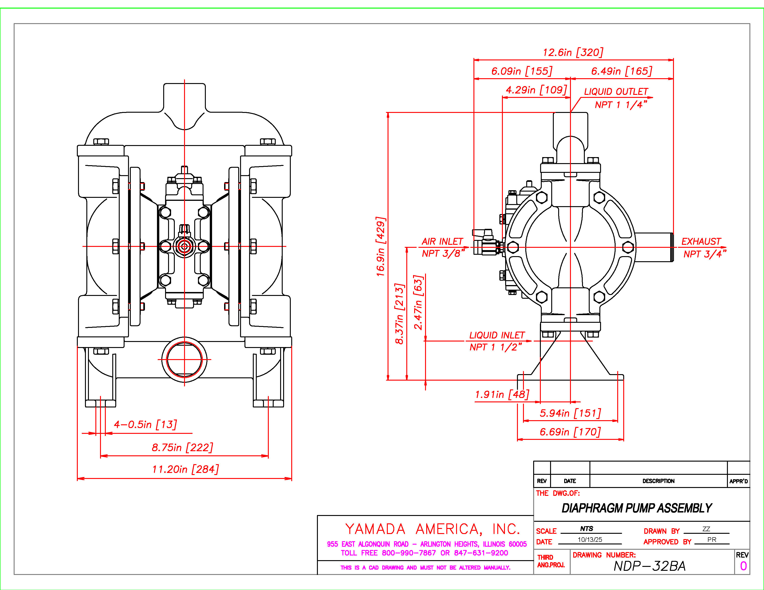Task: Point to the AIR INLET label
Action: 442,242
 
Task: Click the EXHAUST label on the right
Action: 701,242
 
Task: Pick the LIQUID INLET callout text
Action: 497,335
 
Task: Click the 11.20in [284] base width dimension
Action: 185,469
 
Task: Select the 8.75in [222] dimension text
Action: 182,447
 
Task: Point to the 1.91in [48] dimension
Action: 502,395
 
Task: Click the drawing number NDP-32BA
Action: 650,566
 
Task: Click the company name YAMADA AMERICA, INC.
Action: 432,529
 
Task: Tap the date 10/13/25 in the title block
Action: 590,540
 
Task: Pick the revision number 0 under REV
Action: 743,566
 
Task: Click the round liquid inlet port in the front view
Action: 184,359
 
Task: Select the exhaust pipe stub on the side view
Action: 654,247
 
